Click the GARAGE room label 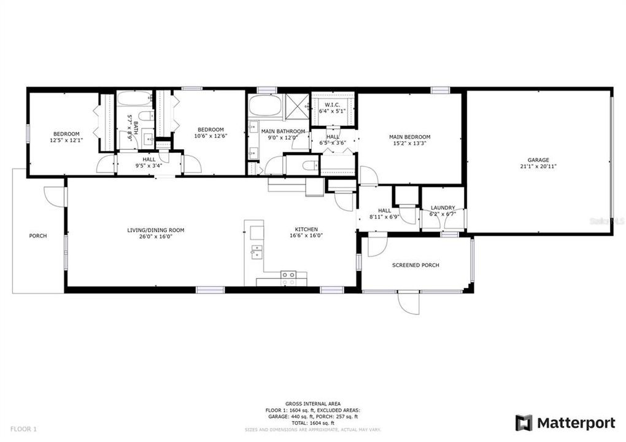(538, 160)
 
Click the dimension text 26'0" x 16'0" (155, 236)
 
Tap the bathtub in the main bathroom (265, 105)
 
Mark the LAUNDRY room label (442, 207)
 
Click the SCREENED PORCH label (415, 265)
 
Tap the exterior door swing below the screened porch (408, 303)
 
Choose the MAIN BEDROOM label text (409, 137)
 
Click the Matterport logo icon (524, 423)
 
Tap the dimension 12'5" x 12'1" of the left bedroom (66, 141)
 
